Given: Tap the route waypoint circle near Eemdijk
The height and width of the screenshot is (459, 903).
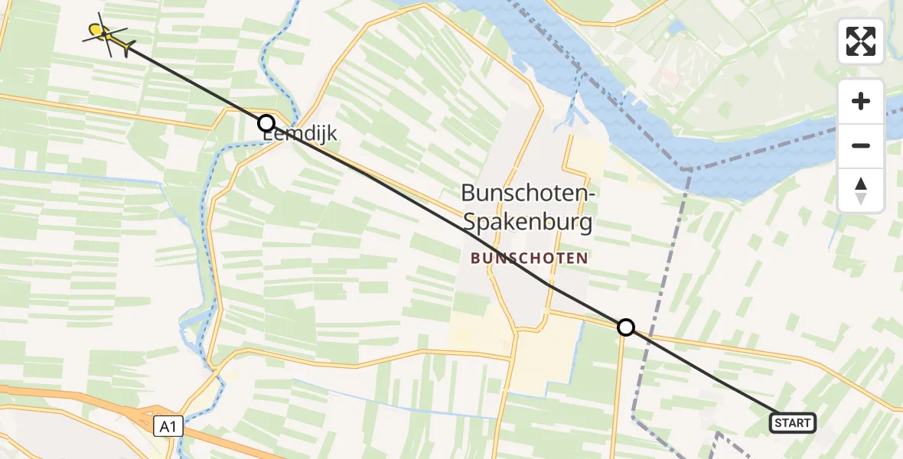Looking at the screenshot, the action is (266, 123).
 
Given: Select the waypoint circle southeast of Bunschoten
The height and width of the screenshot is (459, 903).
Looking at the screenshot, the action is (626, 327).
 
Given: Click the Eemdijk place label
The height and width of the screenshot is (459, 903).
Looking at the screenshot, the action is (300, 135).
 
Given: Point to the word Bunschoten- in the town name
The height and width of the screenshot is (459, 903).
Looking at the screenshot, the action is (528, 194).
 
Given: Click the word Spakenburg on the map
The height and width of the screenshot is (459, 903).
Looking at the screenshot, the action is (528, 223).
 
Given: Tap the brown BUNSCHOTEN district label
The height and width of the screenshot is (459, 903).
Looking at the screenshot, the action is (529, 259).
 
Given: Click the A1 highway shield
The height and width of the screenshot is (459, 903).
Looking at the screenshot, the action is (168, 427).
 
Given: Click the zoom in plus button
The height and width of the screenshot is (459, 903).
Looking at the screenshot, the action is (861, 101).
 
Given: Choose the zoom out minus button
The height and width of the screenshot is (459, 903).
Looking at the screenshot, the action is (861, 145).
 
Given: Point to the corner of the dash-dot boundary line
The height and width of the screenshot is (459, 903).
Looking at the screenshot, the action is (686, 169).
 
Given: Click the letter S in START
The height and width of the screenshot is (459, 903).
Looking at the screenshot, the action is (777, 423).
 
